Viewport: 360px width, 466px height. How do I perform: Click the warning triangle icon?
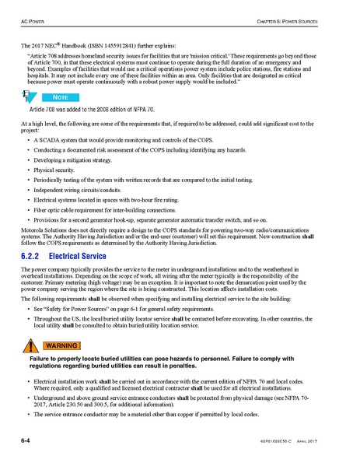(x=30, y=346)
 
